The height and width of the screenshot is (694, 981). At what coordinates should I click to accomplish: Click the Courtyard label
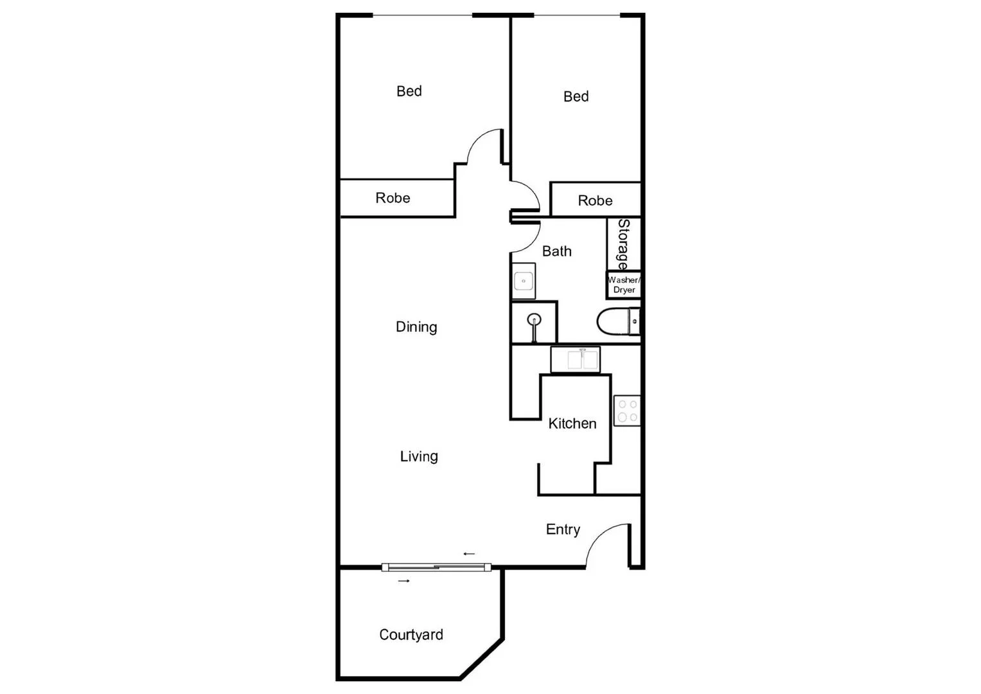[x=411, y=635]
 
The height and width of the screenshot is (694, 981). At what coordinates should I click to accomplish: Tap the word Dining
[x=416, y=327]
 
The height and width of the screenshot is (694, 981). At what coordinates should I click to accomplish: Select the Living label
[x=419, y=456]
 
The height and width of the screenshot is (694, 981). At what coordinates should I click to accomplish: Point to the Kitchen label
[x=572, y=423]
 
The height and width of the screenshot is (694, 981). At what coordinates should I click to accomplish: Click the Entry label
[x=563, y=529]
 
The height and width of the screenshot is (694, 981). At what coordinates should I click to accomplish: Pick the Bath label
[x=556, y=251]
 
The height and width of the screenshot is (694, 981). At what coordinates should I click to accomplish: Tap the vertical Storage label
[x=623, y=244]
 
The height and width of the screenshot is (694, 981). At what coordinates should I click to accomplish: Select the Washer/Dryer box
[x=624, y=285]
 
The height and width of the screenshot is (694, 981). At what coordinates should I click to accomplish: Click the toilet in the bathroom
[x=617, y=321]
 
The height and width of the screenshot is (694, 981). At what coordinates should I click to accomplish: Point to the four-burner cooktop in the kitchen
[x=627, y=411]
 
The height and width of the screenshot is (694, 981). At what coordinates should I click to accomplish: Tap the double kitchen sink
[x=576, y=360]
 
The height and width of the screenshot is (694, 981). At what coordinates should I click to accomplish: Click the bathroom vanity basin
[x=524, y=281]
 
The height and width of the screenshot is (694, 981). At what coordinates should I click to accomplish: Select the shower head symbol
[x=533, y=320]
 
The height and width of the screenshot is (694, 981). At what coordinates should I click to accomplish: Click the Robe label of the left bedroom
[x=393, y=198]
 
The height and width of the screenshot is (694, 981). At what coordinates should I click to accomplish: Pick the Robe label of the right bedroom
[x=595, y=200]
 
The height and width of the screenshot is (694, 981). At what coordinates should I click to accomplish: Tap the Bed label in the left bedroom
[x=409, y=91]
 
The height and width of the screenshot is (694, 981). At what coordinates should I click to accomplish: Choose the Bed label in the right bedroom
[x=576, y=96]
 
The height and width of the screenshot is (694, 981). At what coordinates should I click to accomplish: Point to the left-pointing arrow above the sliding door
[x=469, y=553]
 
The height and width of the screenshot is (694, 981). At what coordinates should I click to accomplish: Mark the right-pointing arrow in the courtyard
[x=404, y=581]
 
